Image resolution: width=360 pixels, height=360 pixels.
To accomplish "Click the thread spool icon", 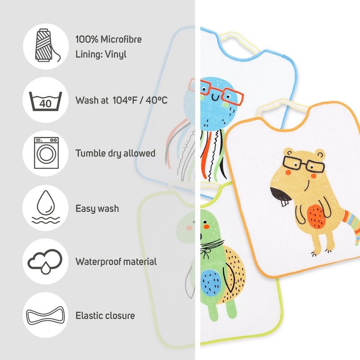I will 45,47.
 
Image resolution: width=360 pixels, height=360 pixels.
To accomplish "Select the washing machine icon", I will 45,153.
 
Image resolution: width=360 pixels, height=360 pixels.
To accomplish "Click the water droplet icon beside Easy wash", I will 45,208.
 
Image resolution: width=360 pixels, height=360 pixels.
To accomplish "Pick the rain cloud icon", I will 45,261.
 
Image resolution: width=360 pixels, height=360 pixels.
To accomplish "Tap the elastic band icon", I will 45,315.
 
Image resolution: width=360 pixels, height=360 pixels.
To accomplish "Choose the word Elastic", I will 89,315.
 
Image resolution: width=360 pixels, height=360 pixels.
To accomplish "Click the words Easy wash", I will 97,208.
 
